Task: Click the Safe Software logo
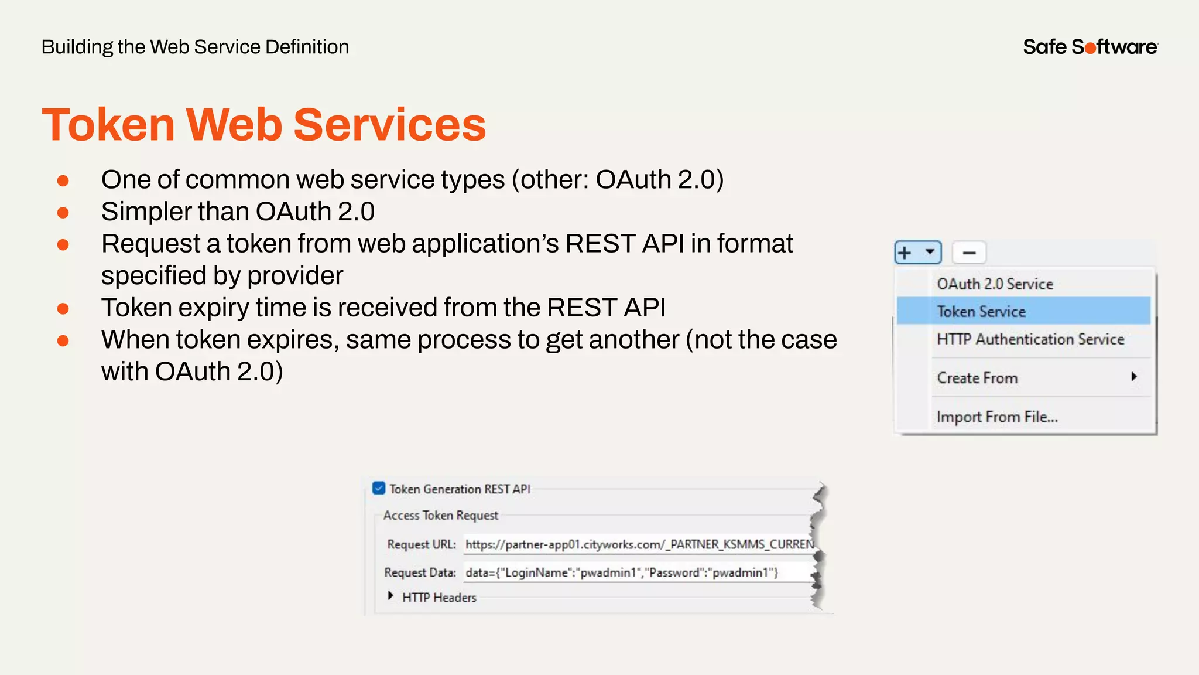point(1090,47)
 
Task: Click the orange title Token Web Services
point(263,125)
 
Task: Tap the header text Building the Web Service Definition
point(195,47)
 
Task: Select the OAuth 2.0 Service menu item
point(995,284)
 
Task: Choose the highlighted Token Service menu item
point(981,312)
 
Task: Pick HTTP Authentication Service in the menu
point(1030,339)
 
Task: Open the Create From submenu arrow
point(1133,377)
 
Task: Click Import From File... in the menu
point(997,417)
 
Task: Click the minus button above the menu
point(969,253)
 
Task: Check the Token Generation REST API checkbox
point(379,488)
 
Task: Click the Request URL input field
point(639,544)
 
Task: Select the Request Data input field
point(639,572)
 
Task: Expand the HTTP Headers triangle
point(390,596)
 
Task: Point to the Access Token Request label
point(440,516)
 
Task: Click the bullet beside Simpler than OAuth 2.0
point(63,213)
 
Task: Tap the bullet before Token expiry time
point(63,309)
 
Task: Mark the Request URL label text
point(421,544)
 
